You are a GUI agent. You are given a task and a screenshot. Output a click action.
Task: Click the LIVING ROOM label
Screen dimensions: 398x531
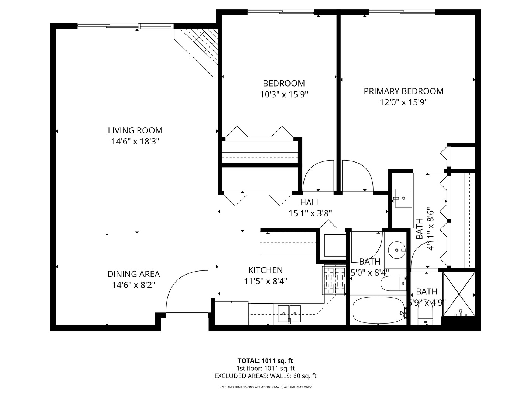tap(135, 130)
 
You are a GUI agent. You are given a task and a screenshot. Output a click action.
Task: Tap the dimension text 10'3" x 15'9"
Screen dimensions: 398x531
tap(284, 94)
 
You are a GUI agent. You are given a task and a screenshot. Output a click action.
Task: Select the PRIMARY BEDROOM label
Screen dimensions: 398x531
tap(403, 91)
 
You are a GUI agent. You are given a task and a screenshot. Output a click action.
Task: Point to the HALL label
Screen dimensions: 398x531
tap(310, 202)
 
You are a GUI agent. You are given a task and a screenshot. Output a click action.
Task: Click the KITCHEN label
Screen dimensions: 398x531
tap(265, 270)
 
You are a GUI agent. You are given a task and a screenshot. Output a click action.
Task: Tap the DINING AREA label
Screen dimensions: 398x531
tap(133, 274)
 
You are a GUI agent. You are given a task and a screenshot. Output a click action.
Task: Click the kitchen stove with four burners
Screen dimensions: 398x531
tap(334, 280)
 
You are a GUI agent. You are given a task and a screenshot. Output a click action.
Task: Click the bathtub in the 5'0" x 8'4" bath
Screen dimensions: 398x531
tap(378, 310)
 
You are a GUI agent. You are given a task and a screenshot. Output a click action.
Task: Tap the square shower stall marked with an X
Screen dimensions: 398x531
tap(459, 293)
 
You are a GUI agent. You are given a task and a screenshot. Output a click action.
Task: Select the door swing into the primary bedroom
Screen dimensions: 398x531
tap(357, 176)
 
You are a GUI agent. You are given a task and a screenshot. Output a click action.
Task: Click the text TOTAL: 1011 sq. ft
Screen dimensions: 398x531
tap(265, 360)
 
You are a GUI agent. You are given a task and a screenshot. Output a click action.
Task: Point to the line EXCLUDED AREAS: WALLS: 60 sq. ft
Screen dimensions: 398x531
tap(265, 376)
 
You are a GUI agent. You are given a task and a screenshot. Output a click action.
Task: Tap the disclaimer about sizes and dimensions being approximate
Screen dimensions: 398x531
tap(265, 387)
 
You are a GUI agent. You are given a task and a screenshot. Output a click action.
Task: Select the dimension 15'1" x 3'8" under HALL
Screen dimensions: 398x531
tap(310, 213)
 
